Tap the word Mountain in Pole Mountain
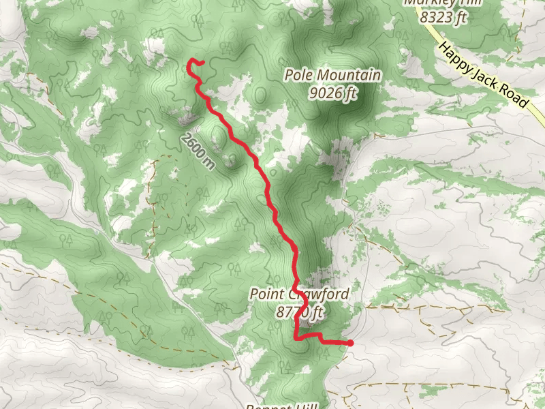point(347,75)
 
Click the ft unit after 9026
point(350,93)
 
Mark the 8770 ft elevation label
point(300,312)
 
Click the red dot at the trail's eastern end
point(350,344)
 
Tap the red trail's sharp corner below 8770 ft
point(295,337)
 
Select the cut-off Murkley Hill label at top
point(443,3)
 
